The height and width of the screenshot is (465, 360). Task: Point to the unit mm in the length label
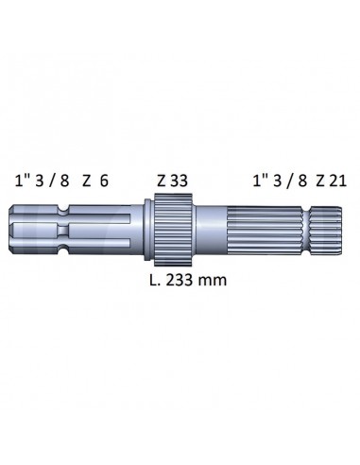[x=222, y=280]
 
